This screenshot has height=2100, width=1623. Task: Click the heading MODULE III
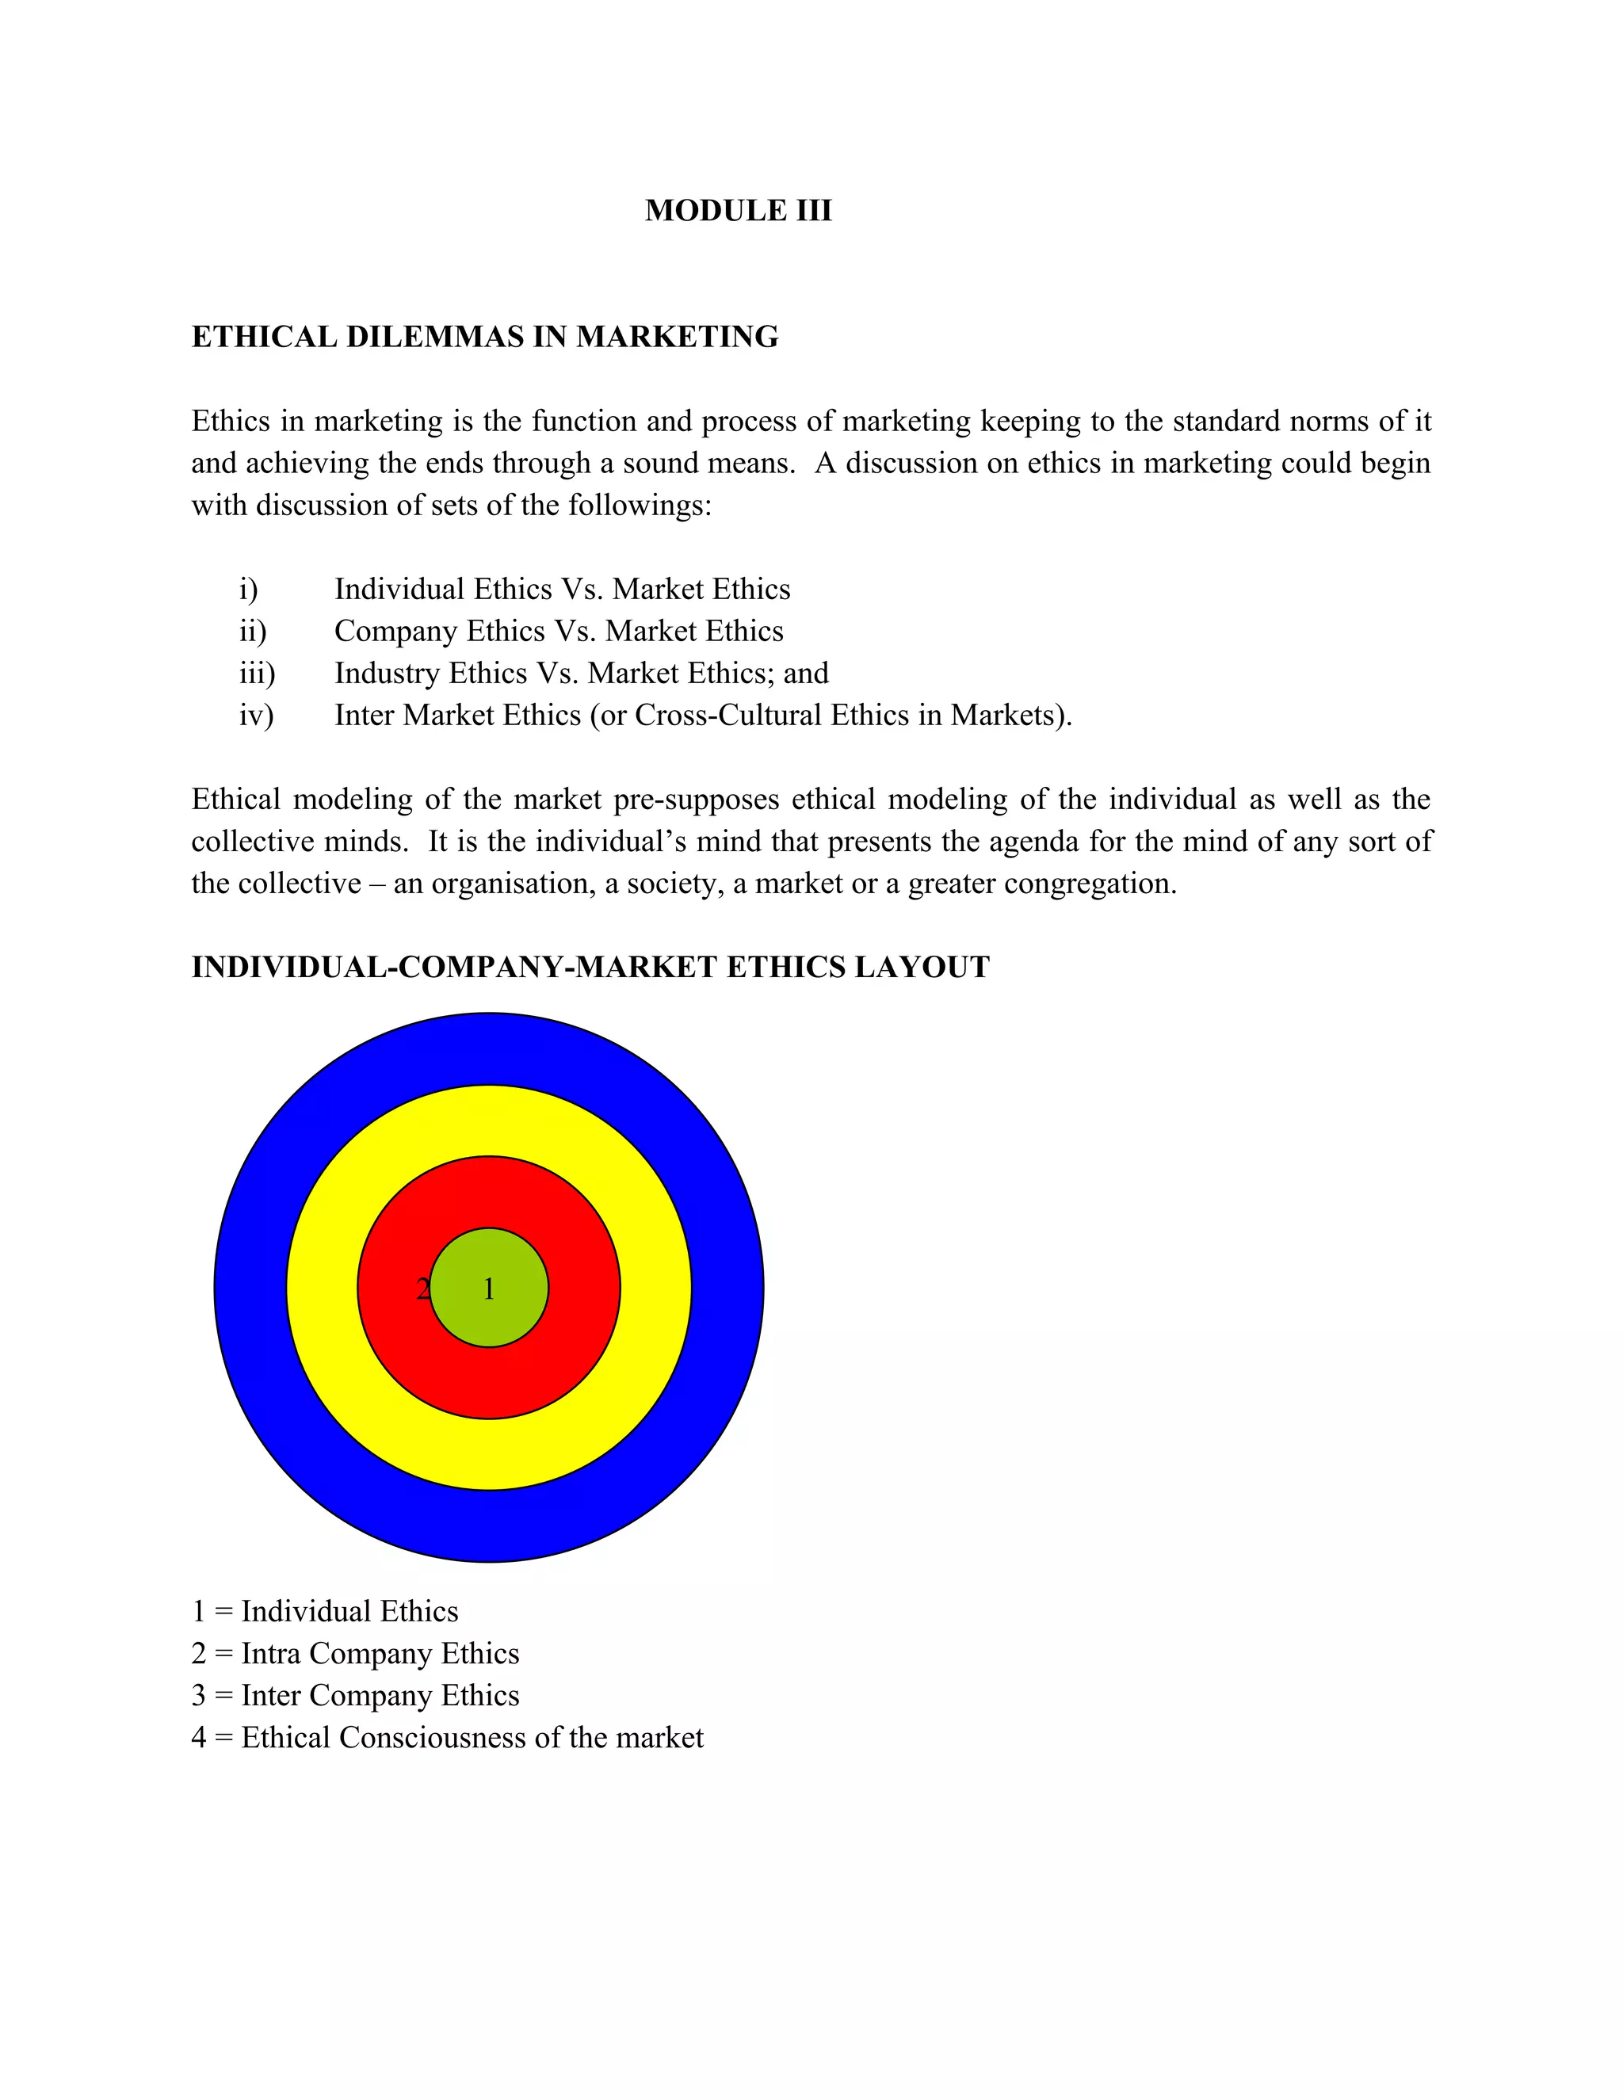[738, 211]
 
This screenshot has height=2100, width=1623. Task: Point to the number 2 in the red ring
[422, 1289]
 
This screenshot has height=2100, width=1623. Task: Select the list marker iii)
[257, 673]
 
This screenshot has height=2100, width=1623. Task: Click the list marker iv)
[256, 716]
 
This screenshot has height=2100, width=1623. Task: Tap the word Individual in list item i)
[399, 590]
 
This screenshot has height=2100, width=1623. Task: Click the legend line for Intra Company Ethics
[355, 1653]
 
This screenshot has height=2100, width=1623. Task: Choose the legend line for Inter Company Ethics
[355, 1695]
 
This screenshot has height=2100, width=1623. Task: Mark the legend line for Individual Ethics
[325, 1612]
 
